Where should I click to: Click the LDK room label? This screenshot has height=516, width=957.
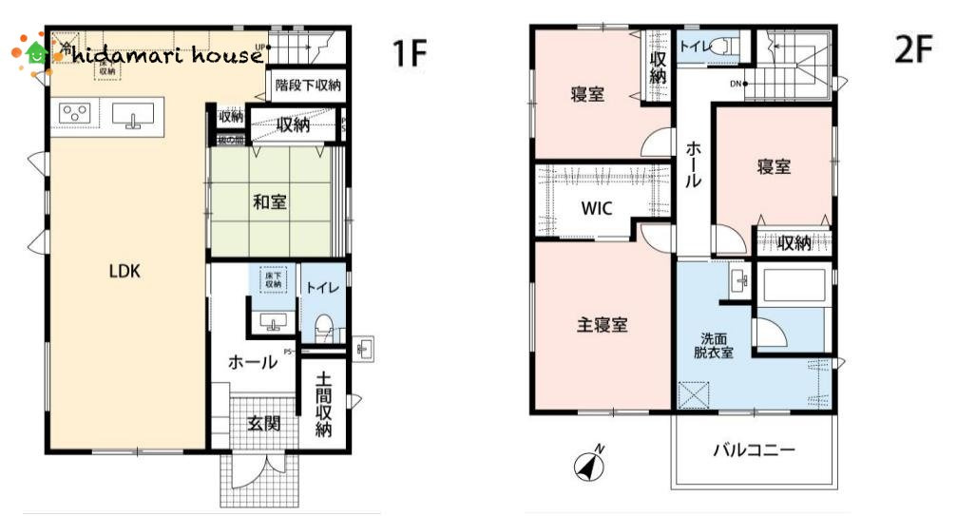pos(124,271)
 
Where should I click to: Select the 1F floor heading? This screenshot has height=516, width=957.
pos(410,54)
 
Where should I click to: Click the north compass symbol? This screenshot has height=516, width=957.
pos(589,465)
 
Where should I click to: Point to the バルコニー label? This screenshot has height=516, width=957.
pos(755,450)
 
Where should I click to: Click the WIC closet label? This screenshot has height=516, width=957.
pos(597,208)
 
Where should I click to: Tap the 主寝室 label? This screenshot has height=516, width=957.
pos(602,324)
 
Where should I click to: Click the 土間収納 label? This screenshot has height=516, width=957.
pos(324,404)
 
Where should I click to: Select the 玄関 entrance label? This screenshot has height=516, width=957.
pos(264,424)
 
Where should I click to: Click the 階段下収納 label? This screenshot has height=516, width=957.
pos(307,85)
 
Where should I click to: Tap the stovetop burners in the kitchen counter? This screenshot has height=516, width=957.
pos(73,115)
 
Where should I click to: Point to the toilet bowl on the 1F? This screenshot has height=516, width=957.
pos(323,327)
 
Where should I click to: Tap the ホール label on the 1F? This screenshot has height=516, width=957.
pos(252,362)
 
